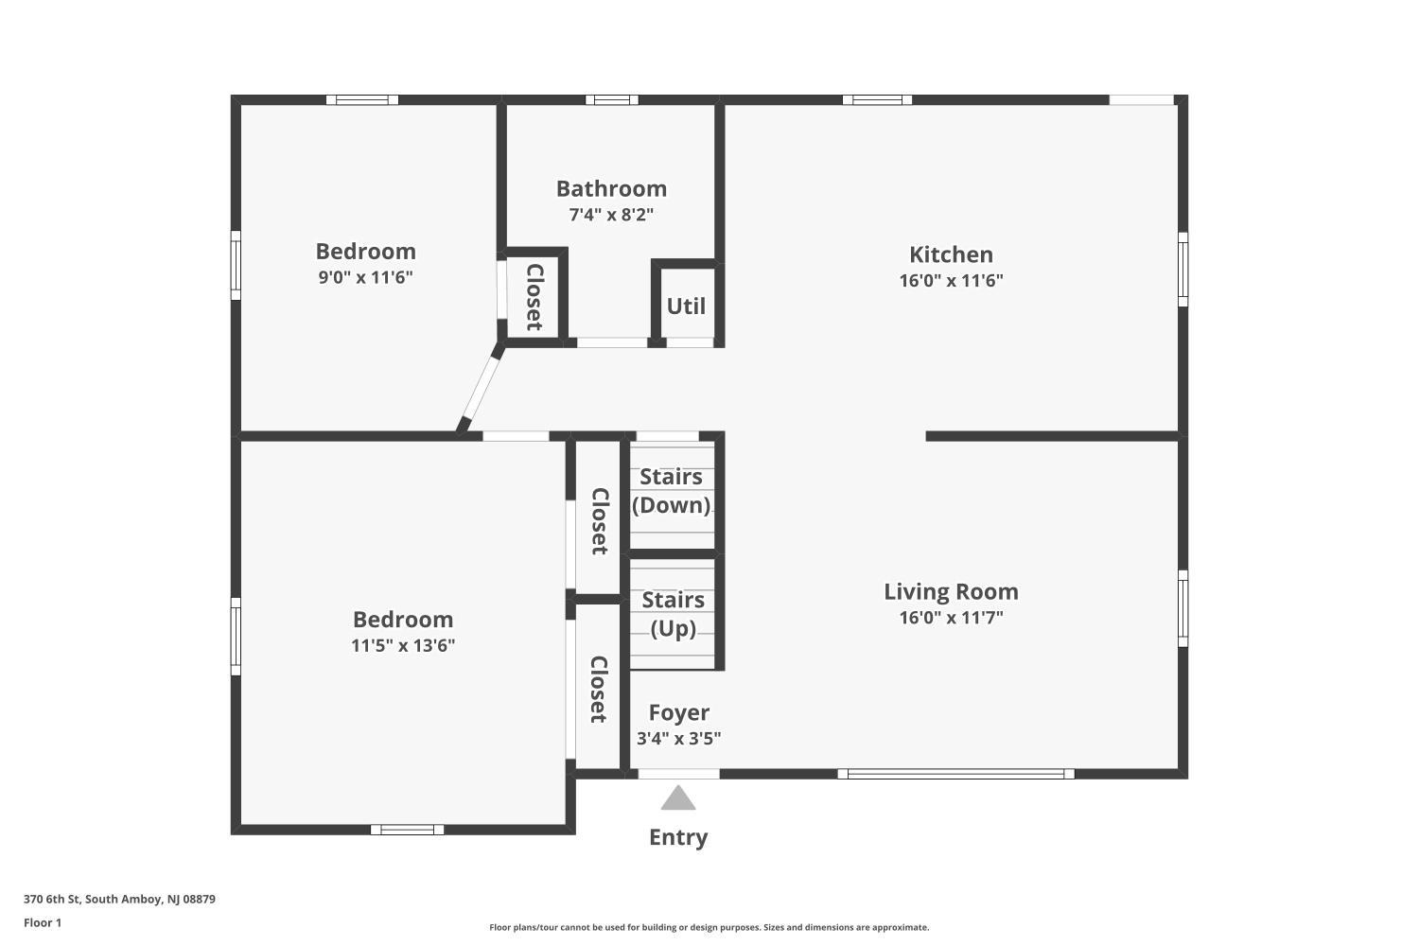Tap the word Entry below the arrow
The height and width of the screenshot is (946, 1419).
tap(678, 837)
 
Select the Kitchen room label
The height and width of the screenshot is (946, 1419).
tap(951, 254)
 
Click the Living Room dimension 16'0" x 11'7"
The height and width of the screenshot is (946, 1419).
tap(951, 617)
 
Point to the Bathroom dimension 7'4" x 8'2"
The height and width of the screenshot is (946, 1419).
tap(611, 214)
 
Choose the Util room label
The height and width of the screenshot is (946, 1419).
tap(686, 307)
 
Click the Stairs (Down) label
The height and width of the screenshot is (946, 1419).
tap(671, 491)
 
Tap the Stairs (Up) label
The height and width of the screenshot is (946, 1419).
tap(673, 614)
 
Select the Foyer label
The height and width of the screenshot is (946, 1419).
tap(678, 712)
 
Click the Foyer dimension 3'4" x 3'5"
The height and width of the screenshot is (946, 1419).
tap(678, 738)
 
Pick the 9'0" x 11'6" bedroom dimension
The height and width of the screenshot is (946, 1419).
tap(365, 277)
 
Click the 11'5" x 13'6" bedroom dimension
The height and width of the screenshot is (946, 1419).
tap(403, 645)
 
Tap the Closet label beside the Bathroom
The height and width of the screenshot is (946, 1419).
tap(534, 296)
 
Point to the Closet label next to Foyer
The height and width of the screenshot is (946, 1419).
tap(599, 689)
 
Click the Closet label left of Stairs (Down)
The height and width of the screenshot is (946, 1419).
tap(599, 521)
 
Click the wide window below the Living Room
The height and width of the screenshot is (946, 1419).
tap(955, 774)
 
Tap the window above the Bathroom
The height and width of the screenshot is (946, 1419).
tap(612, 99)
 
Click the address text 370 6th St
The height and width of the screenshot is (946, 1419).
tap(52, 899)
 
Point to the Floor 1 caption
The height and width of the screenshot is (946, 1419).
tap(43, 922)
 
